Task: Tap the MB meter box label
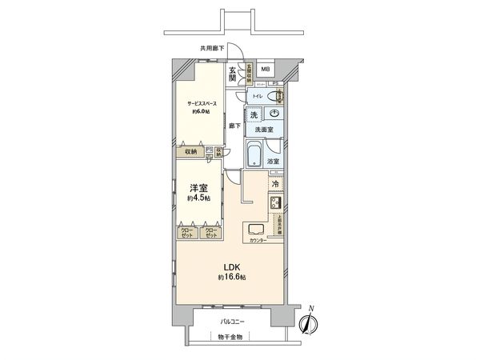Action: (x=265, y=70)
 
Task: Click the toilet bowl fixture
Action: (x=276, y=97)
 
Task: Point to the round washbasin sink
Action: (x=274, y=114)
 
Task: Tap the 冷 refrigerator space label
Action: (x=275, y=183)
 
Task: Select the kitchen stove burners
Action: (x=274, y=203)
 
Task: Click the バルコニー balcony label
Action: (x=233, y=322)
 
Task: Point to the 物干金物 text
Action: (x=233, y=337)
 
